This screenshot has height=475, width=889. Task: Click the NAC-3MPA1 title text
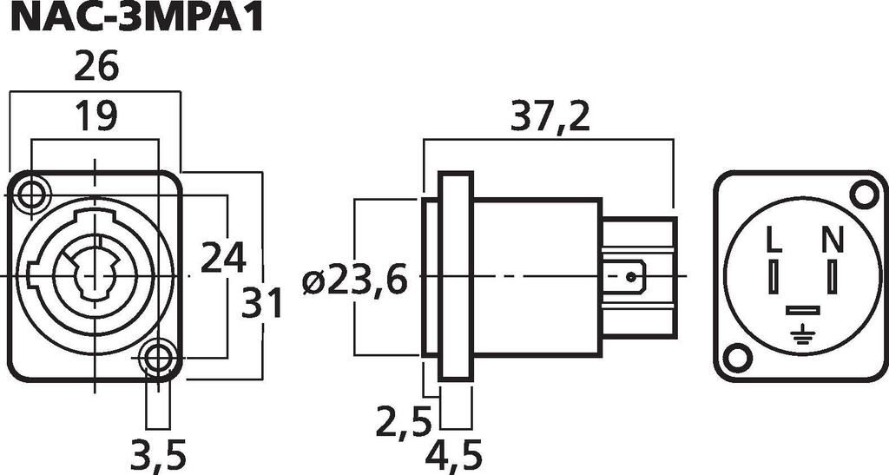tap(136, 17)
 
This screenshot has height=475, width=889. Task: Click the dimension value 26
tap(96, 66)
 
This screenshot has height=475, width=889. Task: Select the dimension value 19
tap(96, 115)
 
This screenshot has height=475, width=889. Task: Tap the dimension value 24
tap(223, 257)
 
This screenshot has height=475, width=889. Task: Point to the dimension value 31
tap(261, 303)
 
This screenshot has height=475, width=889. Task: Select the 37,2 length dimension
tap(550, 116)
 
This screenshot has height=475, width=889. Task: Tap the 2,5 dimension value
tap(405, 420)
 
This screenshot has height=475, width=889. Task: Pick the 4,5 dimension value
tap(453, 455)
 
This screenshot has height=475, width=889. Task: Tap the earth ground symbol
tap(801, 335)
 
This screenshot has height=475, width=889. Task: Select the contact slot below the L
tap(774, 277)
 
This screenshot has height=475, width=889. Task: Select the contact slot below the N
tap(832, 277)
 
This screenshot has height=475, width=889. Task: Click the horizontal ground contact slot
tap(802, 310)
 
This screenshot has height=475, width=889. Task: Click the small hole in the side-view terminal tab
tap(630, 277)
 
